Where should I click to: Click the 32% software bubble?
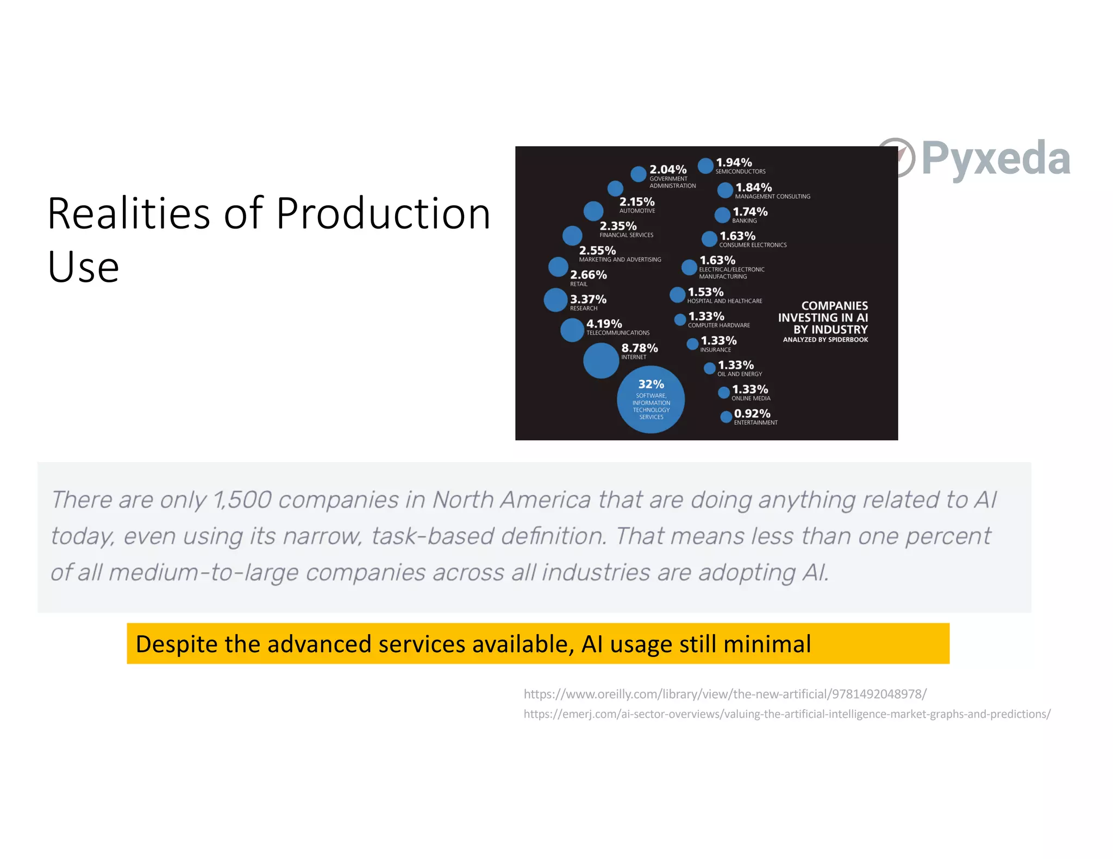[651, 400]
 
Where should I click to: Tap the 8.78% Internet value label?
[639, 348]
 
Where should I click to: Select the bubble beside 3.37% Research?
[555, 300]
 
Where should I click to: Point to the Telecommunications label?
[618, 333]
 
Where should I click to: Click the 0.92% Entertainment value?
[752, 414]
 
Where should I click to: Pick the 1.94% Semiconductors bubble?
[705, 166]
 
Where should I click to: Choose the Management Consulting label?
[772, 197]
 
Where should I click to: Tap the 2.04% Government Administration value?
[668, 170]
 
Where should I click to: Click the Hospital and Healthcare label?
[724, 301]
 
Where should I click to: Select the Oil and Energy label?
[739, 374]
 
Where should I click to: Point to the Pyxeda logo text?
[996, 158]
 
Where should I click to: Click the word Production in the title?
[383, 213]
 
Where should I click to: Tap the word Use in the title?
[83, 267]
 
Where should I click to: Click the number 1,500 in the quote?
[242, 500]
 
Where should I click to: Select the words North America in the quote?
[511, 500]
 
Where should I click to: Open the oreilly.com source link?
[725, 694]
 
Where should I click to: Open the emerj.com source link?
[787, 714]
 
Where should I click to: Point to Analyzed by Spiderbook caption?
[825, 340]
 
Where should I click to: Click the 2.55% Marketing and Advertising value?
[597, 251]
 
